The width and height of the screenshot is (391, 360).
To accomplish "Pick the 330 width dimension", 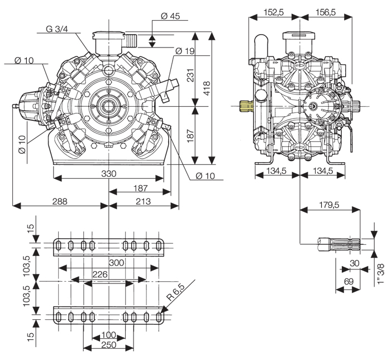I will point(109,174).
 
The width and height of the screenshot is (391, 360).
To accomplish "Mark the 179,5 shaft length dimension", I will point(329,205).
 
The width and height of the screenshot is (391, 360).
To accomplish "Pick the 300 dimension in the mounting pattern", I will point(116,263).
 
